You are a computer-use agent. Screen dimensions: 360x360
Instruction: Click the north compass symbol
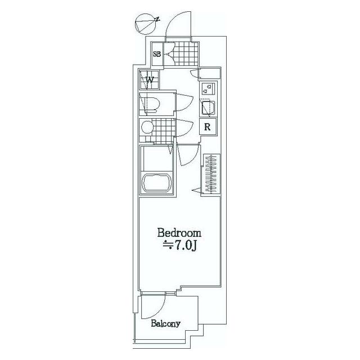146,24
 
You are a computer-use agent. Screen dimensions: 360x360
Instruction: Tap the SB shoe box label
157,55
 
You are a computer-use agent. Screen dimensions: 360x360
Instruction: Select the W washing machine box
150,80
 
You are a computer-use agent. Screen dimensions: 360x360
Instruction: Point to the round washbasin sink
146,127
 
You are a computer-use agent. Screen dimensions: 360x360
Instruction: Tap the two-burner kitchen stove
208,88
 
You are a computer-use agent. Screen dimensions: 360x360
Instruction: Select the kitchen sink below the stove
206,107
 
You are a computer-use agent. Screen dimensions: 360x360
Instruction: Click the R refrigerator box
207,127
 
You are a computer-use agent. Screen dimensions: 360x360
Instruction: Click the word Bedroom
179,232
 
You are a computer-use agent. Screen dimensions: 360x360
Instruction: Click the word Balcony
165,323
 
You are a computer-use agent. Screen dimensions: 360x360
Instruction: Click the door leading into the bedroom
187,154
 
